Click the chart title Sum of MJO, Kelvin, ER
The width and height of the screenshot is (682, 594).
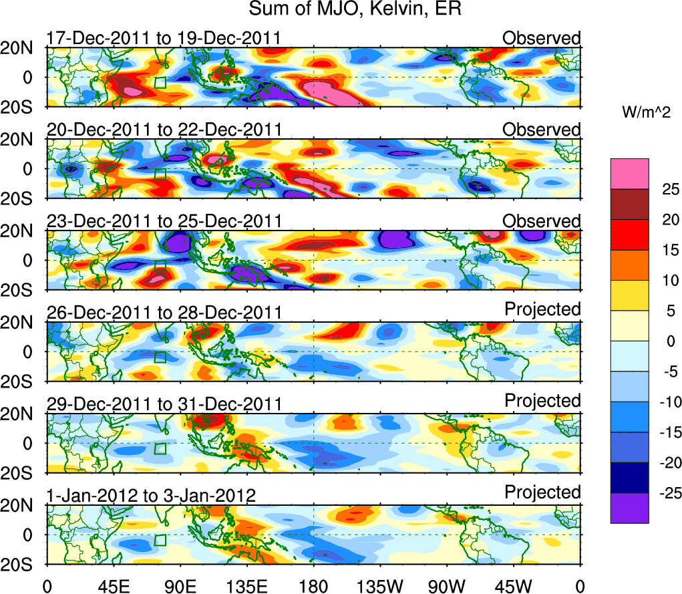pos(355,9)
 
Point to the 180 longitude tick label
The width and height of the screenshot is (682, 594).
pos(313,585)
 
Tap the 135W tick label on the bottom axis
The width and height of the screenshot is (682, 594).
pos(380,585)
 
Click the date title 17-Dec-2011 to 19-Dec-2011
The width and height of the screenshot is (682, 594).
pos(164,38)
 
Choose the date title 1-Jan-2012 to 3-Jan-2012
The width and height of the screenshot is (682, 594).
pos(151,496)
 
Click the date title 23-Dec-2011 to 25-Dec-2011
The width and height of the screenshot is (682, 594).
pos(164,221)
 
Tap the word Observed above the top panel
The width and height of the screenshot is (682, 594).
pos(542,38)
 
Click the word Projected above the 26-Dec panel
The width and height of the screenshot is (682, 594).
pos(542,309)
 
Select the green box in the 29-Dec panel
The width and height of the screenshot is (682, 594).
pos(160,448)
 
